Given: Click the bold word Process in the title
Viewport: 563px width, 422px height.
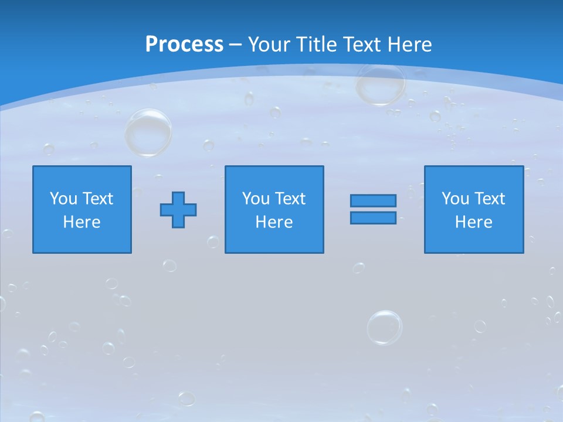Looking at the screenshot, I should pos(184,45).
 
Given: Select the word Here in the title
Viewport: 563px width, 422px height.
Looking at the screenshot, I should pos(409,45).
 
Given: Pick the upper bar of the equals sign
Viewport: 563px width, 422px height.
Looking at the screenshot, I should pos(373,200).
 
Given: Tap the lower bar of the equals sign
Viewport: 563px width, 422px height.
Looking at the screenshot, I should pos(373,217).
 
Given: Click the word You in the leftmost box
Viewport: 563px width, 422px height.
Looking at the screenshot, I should pos(63,199).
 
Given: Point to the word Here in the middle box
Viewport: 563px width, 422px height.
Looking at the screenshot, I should pos(274,222).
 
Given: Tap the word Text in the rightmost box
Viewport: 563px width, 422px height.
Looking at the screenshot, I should pos(489,199).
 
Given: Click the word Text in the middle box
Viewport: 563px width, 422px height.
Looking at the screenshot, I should pos(290,199).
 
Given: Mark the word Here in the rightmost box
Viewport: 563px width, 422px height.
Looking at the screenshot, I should pos(474,222).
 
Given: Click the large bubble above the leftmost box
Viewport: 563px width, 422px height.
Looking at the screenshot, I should pos(148,132).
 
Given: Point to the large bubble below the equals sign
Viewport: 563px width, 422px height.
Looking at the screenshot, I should pos(385,327).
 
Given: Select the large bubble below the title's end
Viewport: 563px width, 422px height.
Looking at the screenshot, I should pos(381,83).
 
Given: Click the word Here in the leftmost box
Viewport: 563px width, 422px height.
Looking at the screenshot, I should pos(82,222).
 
